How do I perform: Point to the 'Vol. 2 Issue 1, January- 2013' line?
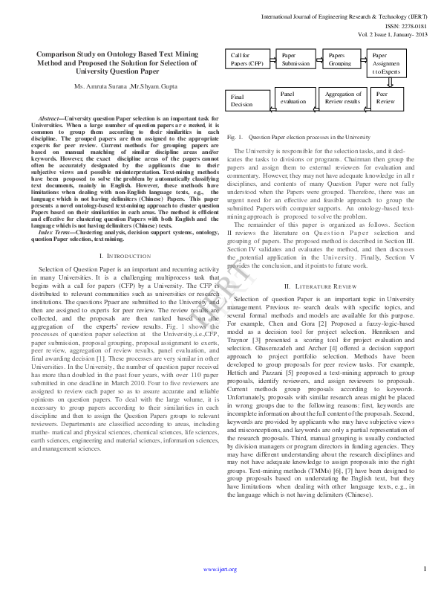click(x=393, y=35)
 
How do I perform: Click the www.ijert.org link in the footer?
click(x=220, y=569)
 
